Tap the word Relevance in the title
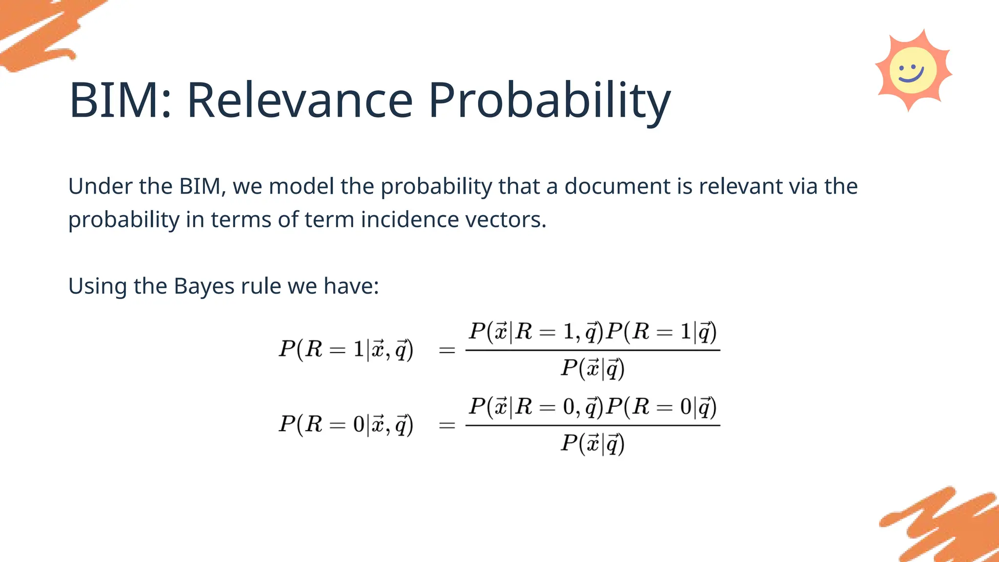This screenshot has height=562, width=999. click(x=300, y=100)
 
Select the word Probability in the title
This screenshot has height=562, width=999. click(x=549, y=101)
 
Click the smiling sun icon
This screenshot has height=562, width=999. click(x=913, y=70)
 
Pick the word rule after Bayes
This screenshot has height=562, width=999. click(x=261, y=286)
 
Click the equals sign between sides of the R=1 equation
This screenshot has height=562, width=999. click(x=447, y=350)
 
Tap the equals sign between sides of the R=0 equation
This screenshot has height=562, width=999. click(x=447, y=425)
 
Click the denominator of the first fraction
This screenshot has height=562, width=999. click(x=592, y=368)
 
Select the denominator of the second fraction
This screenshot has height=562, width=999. click(x=592, y=443)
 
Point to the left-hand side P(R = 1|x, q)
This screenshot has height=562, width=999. click(x=346, y=349)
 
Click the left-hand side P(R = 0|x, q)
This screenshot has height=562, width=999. click(x=346, y=424)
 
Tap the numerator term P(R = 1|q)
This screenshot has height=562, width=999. click(x=661, y=332)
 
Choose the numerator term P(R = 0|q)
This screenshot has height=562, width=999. click(x=661, y=407)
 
